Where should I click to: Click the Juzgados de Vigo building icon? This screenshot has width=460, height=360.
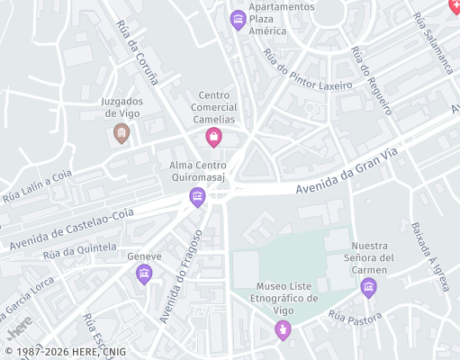tap(121, 134)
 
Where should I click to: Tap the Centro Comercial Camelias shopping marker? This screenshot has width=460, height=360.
tap(213, 137)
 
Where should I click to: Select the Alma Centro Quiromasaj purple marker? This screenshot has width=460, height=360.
tap(197, 197)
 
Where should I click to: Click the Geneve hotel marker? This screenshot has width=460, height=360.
tap(144, 275)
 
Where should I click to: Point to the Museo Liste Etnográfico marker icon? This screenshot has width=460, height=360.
tap(284, 330)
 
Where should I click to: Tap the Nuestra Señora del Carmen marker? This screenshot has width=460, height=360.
tap(368, 287)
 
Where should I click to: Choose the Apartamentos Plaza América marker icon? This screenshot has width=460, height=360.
tap(239, 19)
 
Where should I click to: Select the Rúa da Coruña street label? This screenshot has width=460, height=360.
tap(137, 52)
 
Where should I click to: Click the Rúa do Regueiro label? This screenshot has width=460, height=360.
tap(372, 81)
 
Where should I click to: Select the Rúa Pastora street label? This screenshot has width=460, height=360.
tap(356, 316)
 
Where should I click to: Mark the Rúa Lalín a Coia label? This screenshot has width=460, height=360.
tap(36, 185)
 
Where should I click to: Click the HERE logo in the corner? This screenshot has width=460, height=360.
tap(20, 323)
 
